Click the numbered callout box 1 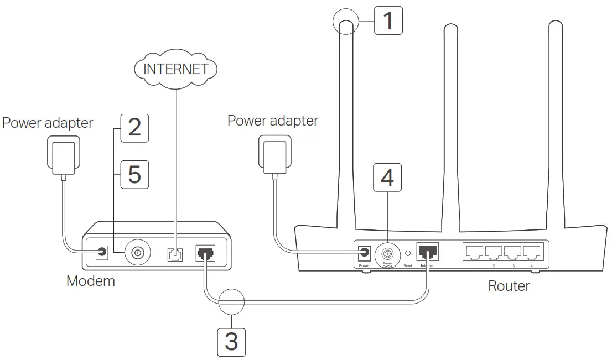tap(388, 20)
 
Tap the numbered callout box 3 tap(231, 341)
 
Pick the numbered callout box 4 tap(388, 178)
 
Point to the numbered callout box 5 tap(134, 174)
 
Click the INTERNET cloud tap(176, 69)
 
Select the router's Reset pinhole tap(408, 253)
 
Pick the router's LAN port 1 tap(475, 253)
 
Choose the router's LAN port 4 tap(531, 253)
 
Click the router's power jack tap(364, 253)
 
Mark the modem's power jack tap(102, 253)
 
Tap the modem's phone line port tap(174, 253)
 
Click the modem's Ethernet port tap(205, 253)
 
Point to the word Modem tap(91, 281)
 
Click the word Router tap(509, 286)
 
